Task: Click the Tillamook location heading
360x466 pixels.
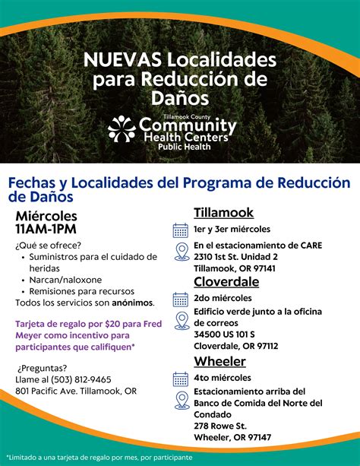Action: click(223, 212)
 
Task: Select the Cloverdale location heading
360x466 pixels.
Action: click(226, 281)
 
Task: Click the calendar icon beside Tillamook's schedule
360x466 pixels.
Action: click(181, 230)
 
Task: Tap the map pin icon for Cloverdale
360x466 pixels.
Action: click(181, 319)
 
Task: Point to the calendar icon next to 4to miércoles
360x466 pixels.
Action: click(181, 378)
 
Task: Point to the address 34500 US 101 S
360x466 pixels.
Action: click(224, 334)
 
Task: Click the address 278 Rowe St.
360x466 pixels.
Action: click(220, 426)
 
